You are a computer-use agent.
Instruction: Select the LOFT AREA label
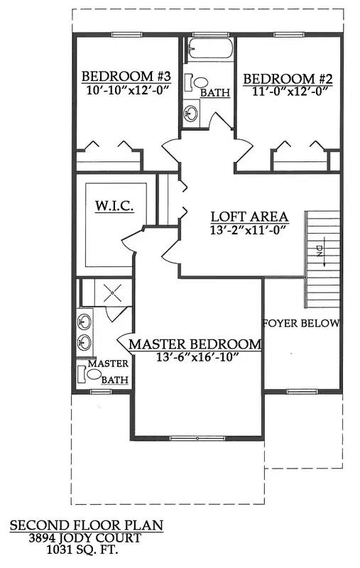coord(249,217)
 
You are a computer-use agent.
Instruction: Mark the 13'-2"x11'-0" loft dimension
coord(249,230)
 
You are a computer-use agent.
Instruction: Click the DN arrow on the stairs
coord(320,252)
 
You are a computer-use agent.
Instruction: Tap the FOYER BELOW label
coord(301,323)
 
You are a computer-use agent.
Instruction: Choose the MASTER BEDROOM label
coord(195,344)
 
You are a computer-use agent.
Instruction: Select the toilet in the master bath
coord(94,373)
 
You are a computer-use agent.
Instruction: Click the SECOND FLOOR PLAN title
coord(86,526)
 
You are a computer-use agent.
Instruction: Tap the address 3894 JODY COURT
coord(86,538)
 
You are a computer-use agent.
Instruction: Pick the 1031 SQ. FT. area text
coord(86,550)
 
